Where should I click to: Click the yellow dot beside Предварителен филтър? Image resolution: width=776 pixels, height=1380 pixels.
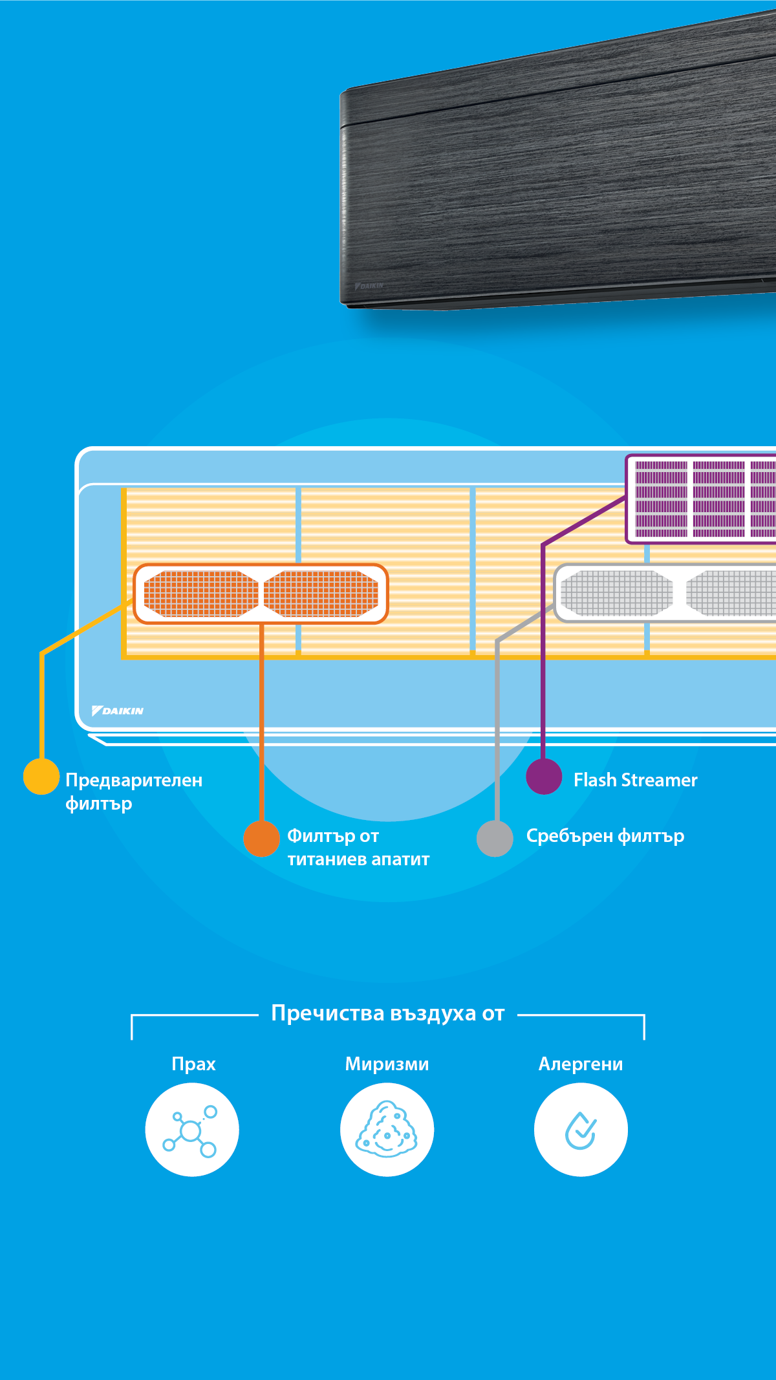pyautogui.click(x=41, y=777)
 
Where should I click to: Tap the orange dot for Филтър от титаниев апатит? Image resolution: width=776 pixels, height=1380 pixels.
pyautogui.click(x=261, y=839)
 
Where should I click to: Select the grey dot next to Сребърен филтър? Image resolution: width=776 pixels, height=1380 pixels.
pyautogui.click(x=495, y=839)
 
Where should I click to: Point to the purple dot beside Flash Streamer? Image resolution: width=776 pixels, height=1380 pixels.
pyautogui.click(x=544, y=776)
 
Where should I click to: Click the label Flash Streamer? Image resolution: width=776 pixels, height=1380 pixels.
pyautogui.click(x=635, y=780)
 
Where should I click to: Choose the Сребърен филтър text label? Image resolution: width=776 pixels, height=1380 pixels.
pyautogui.click(x=605, y=836)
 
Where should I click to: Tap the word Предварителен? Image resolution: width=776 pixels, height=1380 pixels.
pyautogui.click(x=134, y=780)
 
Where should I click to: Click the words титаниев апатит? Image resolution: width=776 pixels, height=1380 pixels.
pyautogui.click(x=358, y=859)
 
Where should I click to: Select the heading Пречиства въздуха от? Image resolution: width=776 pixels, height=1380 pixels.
pyautogui.click(x=387, y=1013)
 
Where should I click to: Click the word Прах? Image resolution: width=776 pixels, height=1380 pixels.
pyautogui.click(x=193, y=1064)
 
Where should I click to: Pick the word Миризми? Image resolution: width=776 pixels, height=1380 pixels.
pyautogui.click(x=387, y=1064)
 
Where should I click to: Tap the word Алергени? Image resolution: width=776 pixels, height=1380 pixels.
pyautogui.click(x=581, y=1064)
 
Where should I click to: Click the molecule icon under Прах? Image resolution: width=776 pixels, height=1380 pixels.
pyautogui.click(x=192, y=1130)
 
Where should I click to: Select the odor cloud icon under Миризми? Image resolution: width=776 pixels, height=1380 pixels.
pyautogui.click(x=387, y=1130)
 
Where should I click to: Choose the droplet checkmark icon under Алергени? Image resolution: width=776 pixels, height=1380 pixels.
pyautogui.click(x=581, y=1130)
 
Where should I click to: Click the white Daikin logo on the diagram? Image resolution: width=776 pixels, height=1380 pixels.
pyautogui.click(x=118, y=711)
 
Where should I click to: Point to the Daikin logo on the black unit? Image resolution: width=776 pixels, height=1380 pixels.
pyautogui.click(x=369, y=285)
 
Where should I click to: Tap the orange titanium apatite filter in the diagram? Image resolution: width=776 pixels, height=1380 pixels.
pyautogui.click(x=261, y=594)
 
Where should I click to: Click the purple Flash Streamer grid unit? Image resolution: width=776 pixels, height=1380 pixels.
pyautogui.click(x=702, y=499)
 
